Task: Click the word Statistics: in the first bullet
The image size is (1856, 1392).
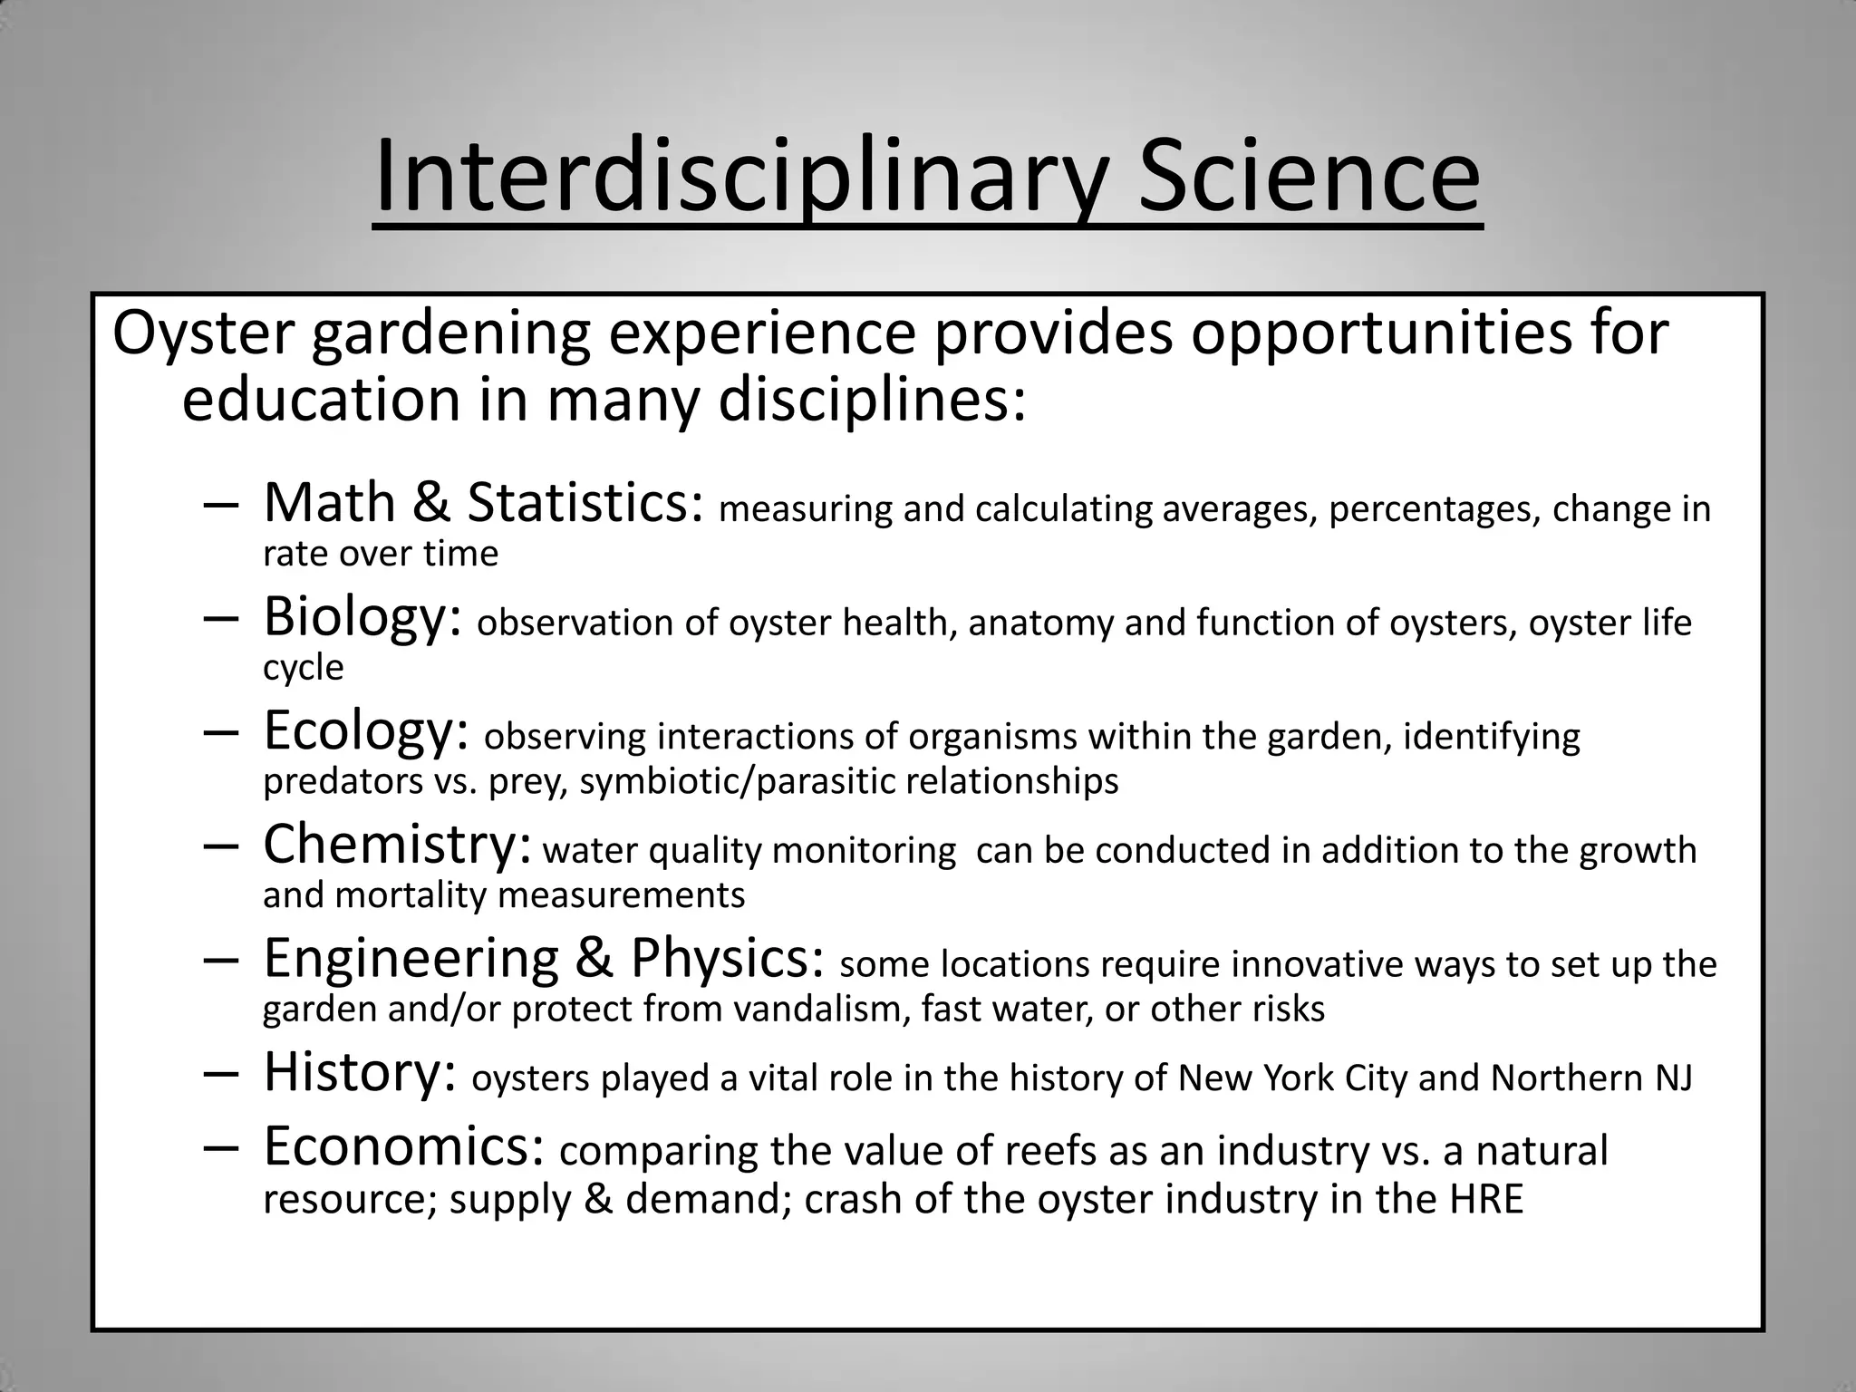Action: click(x=585, y=503)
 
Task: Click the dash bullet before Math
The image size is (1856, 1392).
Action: click(x=221, y=505)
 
